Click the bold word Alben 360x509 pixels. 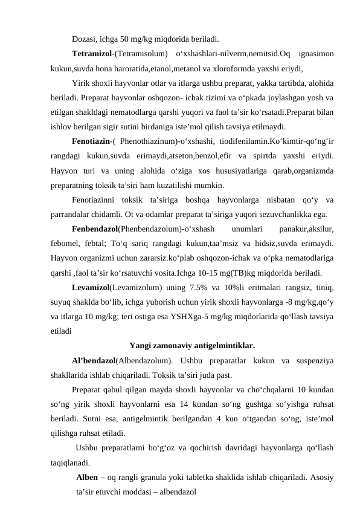pos(88,479)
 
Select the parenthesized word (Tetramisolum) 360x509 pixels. pos(140,53)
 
